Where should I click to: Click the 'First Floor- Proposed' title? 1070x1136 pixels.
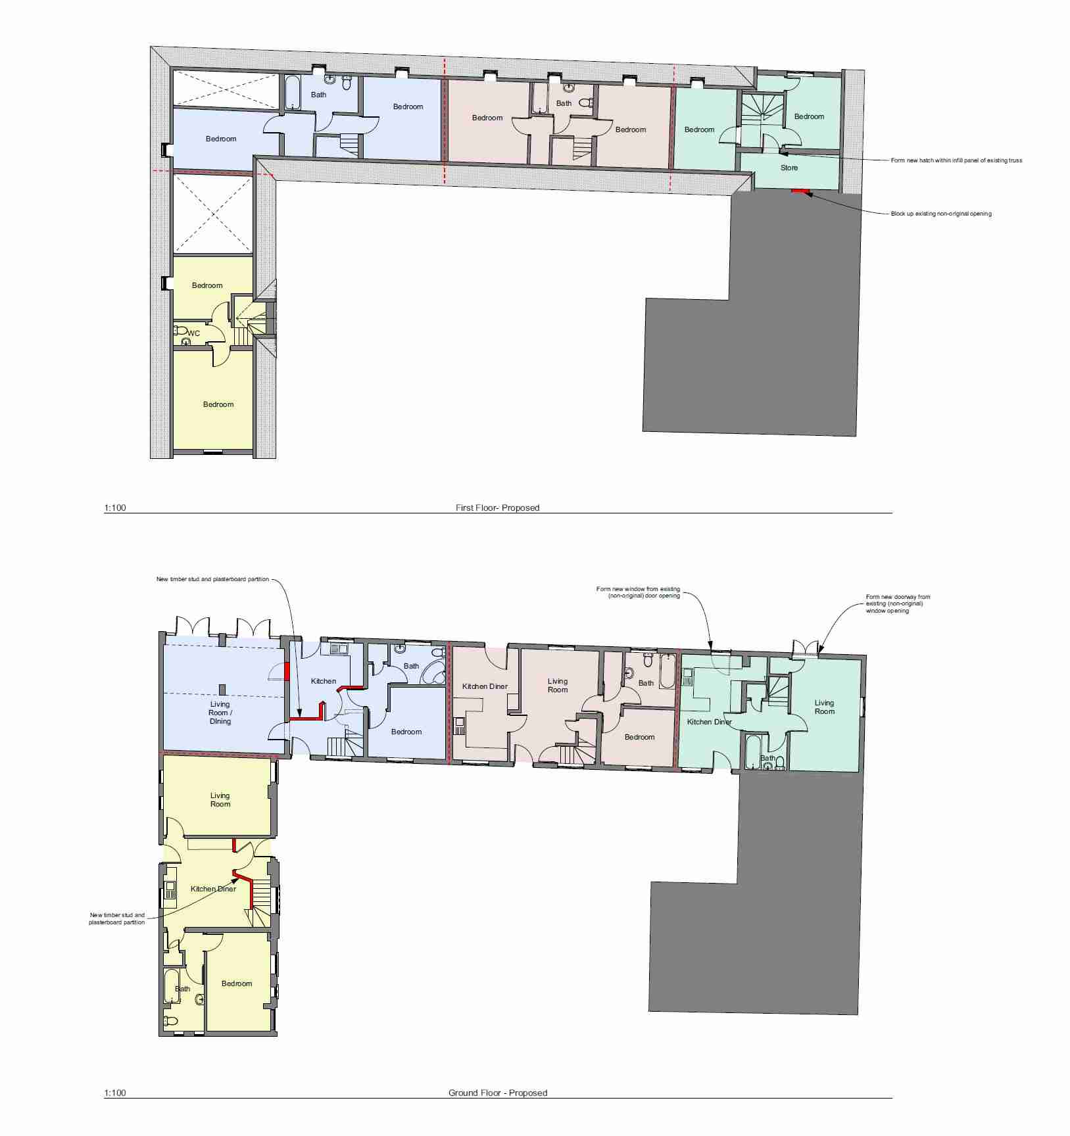click(x=497, y=508)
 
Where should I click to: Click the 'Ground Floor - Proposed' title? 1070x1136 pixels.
click(x=498, y=1093)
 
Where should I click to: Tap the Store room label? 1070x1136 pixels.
click(x=789, y=168)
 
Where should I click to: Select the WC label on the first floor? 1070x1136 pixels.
click(x=193, y=333)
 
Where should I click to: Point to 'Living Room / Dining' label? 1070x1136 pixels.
click(x=220, y=713)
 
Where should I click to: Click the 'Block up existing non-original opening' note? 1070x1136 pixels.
click(x=941, y=214)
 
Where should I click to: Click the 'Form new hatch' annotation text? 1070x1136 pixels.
click(x=956, y=160)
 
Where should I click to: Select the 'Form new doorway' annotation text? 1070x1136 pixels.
click(x=898, y=603)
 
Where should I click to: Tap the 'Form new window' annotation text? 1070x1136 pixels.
click(x=638, y=592)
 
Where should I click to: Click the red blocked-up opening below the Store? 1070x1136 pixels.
click(x=800, y=191)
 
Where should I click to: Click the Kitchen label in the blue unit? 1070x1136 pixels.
click(x=324, y=681)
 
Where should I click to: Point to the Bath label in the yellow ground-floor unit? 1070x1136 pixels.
click(x=182, y=989)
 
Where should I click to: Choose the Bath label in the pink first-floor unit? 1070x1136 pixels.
click(x=564, y=103)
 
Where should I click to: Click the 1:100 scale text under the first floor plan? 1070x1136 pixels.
click(x=114, y=508)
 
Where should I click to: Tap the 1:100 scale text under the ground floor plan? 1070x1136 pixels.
click(x=114, y=1093)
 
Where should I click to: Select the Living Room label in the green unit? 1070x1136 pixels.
click(x=824, y=707)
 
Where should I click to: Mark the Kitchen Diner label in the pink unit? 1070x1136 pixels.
click(x=485, y=686)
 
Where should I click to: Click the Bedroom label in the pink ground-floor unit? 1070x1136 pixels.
click(x=639, y=737)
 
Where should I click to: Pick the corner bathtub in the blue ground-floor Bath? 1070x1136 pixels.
click(x=434, y=672)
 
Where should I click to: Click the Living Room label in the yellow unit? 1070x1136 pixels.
click(x=220, y=799)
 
